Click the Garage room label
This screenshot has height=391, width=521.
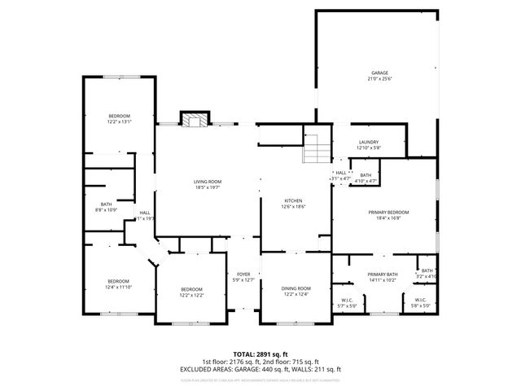point(375,72)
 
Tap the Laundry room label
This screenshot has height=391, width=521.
point(368,142)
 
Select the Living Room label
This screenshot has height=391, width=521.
point(208,181)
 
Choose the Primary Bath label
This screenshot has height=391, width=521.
point(381,274)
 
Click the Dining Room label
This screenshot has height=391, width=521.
point(296,288)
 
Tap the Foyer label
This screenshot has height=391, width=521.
point(243,274)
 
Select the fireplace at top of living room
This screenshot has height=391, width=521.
point(194,121)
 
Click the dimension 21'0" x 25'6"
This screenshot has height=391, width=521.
point(375,79)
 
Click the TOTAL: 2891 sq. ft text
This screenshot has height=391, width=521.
point(260,354)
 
